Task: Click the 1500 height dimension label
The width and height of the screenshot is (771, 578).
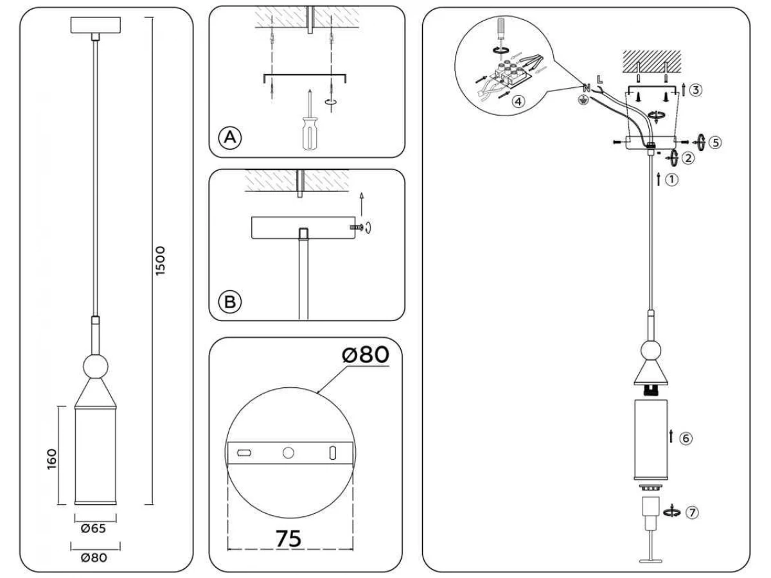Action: pyautogui.click(x=160, y=261)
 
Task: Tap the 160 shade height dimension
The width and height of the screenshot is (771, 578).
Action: pyautogui.click(x=51, y=459)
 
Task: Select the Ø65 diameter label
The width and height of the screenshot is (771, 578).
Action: pyautogui.click(x=93, y=528)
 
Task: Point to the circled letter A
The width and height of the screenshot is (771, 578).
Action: pyautogui.click(x=230, y=137)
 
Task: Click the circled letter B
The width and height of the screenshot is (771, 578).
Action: pyautogui.click(x=230, y=302)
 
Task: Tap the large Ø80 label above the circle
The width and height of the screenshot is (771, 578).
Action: pyautogui.click(x=366, y=355)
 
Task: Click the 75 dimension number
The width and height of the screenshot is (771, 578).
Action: pyautogui.click(x=288, y=538)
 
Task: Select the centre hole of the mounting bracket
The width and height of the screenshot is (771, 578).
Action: pyautogui.click(x=288, y=453)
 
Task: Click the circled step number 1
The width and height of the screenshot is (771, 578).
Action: pyautogui.click(x=672, y=180)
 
